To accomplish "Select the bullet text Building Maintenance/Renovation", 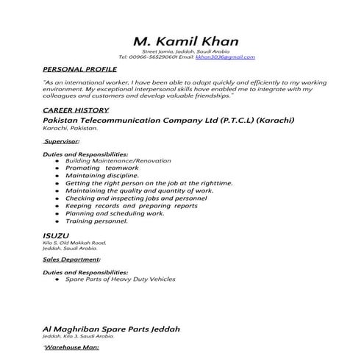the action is point(118,160).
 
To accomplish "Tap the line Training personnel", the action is point(96,221).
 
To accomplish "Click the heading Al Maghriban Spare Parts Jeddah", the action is point(111,328).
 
